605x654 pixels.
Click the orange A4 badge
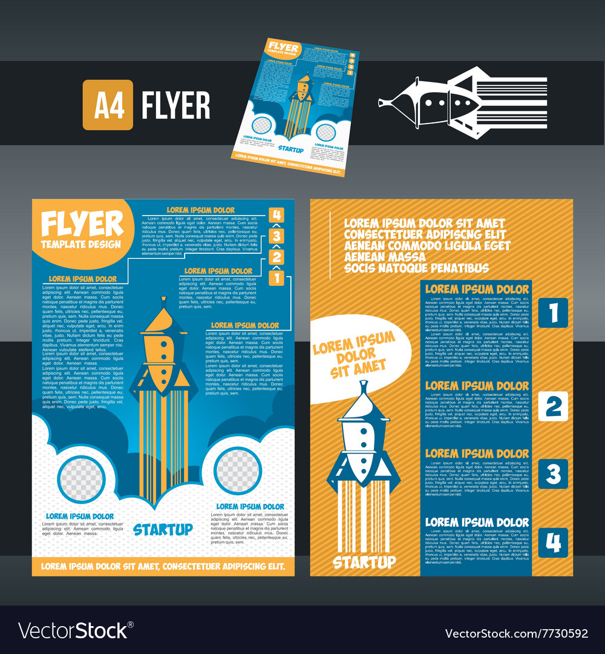[108, 105]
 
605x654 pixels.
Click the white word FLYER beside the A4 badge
[176, 105]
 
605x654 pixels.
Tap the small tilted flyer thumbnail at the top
[295, 108]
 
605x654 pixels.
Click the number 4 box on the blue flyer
[276, 215]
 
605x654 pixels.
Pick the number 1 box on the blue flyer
[276, 278]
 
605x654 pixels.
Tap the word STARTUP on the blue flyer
[163, 529]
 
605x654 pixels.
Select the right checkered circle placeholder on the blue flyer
[238, 470]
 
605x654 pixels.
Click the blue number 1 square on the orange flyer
[553, 312]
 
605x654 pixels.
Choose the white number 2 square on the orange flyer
[553, 406]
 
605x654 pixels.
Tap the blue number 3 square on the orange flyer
[553, 474]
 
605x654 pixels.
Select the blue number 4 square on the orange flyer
[553, 543]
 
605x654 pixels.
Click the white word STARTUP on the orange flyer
[364, 562]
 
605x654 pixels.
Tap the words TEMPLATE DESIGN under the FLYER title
[81, 245]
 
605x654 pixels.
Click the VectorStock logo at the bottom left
[73, 632]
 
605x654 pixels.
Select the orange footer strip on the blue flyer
[163, 567]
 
